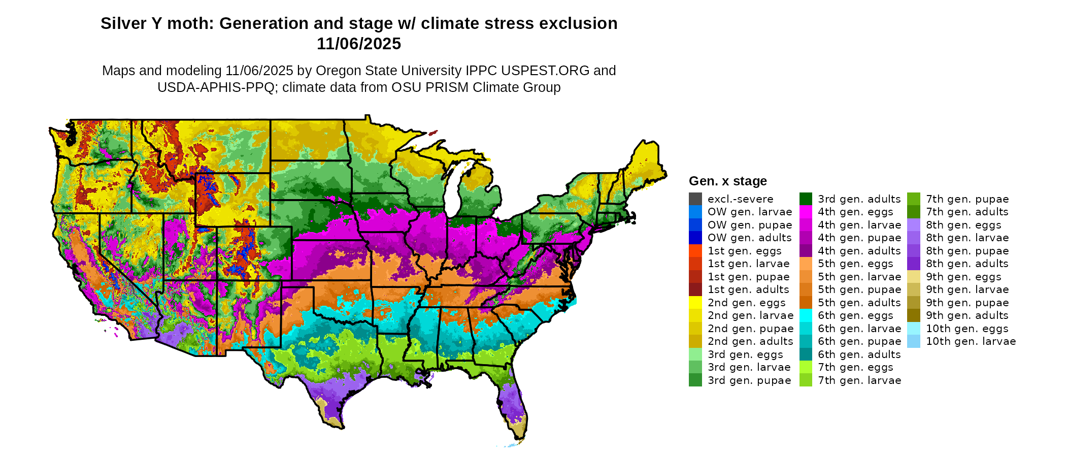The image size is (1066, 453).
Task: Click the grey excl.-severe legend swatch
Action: click(695, 199)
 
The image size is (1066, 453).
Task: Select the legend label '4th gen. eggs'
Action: click(855, 212)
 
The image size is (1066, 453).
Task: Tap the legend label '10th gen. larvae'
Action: click(971, 341)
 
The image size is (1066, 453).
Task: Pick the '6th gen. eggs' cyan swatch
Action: click(806, 315)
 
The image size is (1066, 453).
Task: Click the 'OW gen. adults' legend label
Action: click(749, 238)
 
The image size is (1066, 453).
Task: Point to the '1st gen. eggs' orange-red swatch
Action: click(695, 251)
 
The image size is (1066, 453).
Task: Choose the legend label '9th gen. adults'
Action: click(967, 315)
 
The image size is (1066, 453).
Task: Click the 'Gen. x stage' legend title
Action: click(727, 181)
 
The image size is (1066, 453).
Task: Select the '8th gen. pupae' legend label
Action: click(967, 251)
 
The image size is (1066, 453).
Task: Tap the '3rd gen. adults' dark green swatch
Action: click(806, 199)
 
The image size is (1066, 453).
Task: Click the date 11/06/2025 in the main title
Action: click(358, 44)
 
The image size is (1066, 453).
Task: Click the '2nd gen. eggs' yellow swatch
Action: click(695, 303)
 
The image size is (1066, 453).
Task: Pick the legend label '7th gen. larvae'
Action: click(859, 380)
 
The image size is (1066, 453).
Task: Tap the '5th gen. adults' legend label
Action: click(859, 303)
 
